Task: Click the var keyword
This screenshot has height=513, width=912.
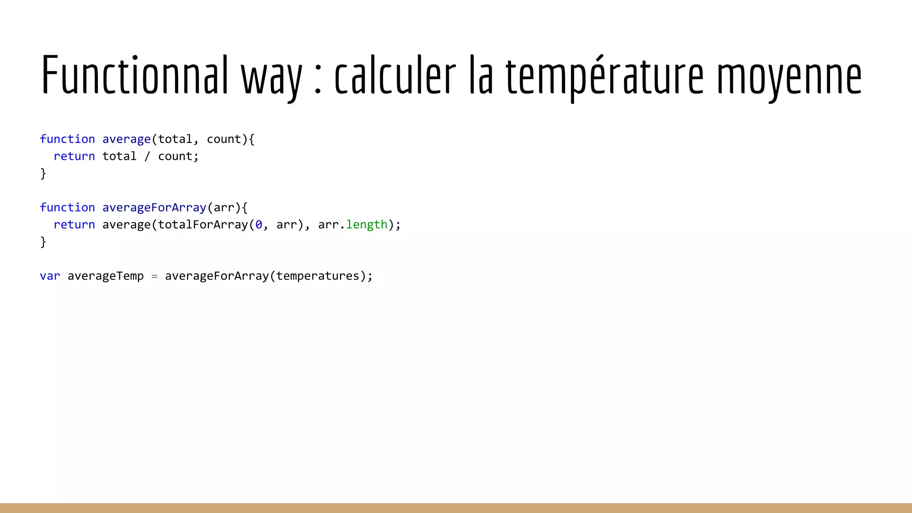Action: pyautogui.click(x=50, y=276)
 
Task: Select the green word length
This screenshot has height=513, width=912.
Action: pyautogui.click(x=366, y=225)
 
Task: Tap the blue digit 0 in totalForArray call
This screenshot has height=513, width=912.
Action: pyautogui.click(x=259, y=225)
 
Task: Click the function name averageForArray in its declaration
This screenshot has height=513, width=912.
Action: pyautogui.click(x=154, y=208)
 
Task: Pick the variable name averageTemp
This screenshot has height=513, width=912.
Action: pyautogui.click(x=106, y=276)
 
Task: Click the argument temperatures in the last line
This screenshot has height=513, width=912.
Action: pyautogui.click(x=318, y=276)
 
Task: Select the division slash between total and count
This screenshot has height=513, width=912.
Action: pyautogui.click(x=147, y=156)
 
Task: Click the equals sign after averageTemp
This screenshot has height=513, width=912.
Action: pyautogui.click(x=155, y=277)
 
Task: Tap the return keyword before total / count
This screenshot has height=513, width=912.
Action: pyautogui.click(x=74, y=156)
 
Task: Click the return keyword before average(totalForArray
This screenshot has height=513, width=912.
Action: pyautogui.click(x=74, y=225)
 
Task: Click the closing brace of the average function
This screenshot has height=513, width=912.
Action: pyautogui.click(x=43, y=173)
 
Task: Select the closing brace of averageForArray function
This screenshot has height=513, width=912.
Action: pyautogui.click(x=43, y=242)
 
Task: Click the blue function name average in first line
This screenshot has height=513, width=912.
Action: pyautogui.click(x=126, y=139)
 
